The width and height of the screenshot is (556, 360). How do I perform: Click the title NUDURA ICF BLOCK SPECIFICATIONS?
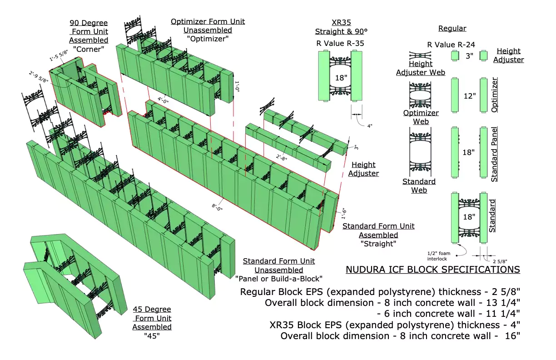[x=432, y=270]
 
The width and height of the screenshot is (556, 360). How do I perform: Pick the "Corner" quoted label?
[x=89, y=49]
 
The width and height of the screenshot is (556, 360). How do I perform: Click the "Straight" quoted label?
[x=378, y=244]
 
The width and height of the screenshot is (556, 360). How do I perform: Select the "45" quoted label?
[x=152, y=335]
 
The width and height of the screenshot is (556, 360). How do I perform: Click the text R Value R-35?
[x=341, y=44]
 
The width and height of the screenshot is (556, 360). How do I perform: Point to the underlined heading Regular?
[x=452, y=29]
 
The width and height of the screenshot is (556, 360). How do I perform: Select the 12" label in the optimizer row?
[x=468, y=96]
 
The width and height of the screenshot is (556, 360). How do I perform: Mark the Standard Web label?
[x=419, y=186]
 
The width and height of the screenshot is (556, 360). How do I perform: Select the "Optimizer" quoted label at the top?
[x=207, y=39]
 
